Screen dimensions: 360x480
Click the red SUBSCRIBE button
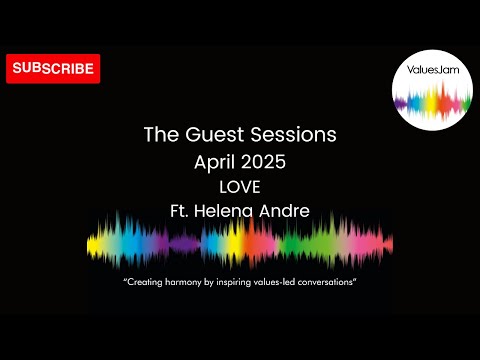[x=53, y=69]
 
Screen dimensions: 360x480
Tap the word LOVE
[x=240, y=186]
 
